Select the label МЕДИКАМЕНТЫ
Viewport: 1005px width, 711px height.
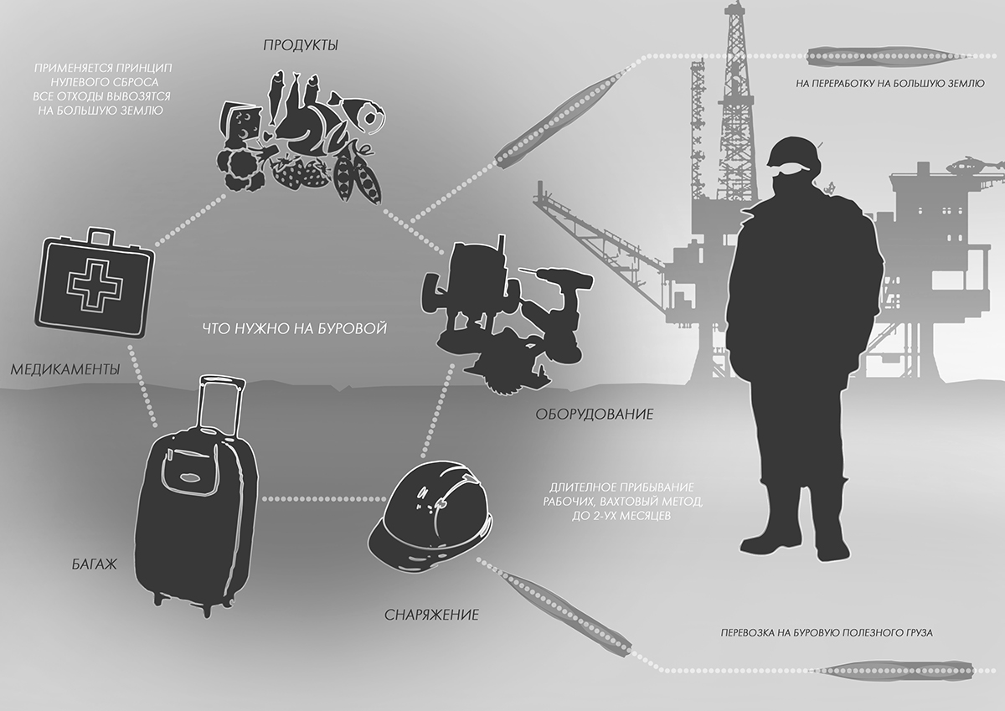click(64, 369)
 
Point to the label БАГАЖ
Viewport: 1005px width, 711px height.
click(88, 564)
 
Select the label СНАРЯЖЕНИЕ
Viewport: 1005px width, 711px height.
click(431, 615)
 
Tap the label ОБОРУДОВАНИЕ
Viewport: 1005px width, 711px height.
click(594, 414)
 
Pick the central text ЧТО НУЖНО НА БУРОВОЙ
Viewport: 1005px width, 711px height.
click(294, 328)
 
